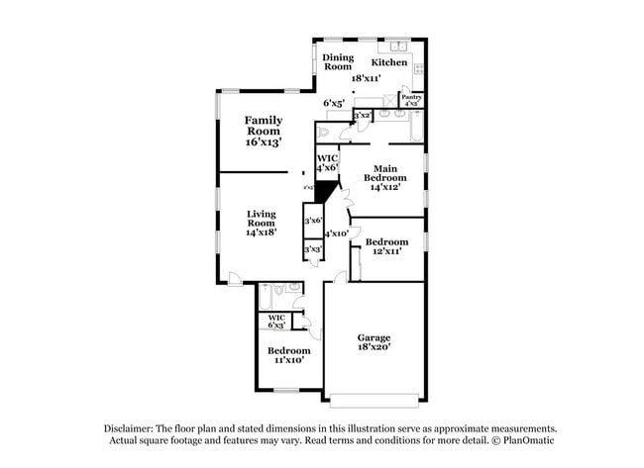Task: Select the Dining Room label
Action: coord(338,62)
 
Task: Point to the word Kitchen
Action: coord(389,62)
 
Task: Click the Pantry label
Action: coord(411,97)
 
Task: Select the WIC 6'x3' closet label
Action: coord(276,322)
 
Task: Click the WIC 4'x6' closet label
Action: coord(327,163)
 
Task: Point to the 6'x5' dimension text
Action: coord(333,102)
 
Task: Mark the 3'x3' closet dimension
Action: coord(312,249)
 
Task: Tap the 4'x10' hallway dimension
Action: coord(337,234)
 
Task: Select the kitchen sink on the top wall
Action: coord(399,46)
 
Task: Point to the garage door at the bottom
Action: coord(375,403)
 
